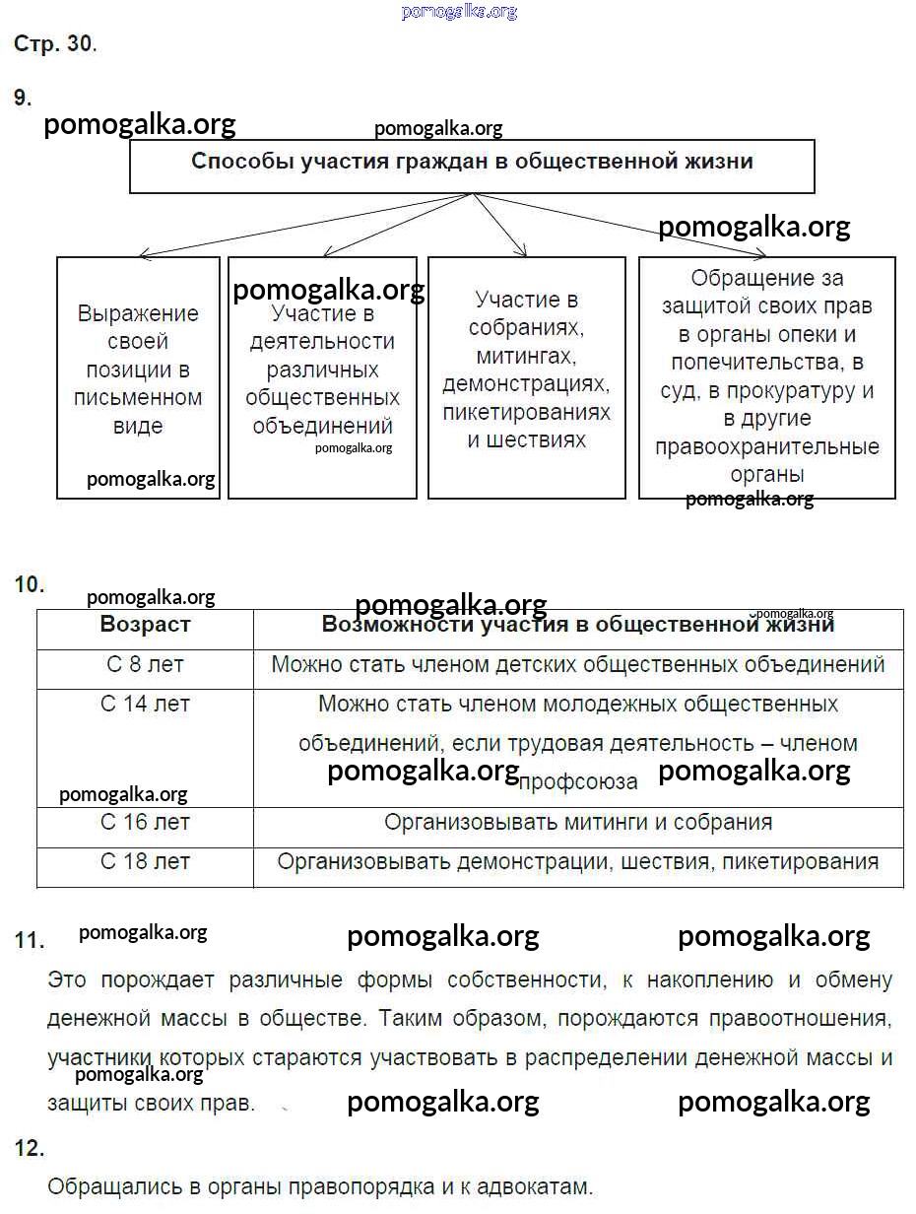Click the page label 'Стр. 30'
pyautogui.click(x=53, y=44)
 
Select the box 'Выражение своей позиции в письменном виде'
pyautogui.click(x=138, y=370)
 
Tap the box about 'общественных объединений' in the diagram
pyautogui.click(x=322, y=370)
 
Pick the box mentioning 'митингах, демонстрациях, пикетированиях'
pyautogui.click(x=526, y=370)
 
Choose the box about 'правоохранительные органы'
pyautogui.click(x=767, y=376)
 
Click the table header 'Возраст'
pyautogui.click(x=145, y=625)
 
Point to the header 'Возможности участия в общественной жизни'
pyautogui.click(x=578, y=625)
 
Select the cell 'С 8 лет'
pyautogui.click(x=145, y=665)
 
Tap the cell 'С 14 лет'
pyautogui.click(x=145, y=705)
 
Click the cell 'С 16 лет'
pyautogui.click(x=145, y=823)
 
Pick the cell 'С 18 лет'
pyautogui.click(x=145, y=862)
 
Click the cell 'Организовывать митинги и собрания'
pyautogui.click(x=578, y=823)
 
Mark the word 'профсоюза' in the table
pyautogui.click(x=578, y=782)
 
